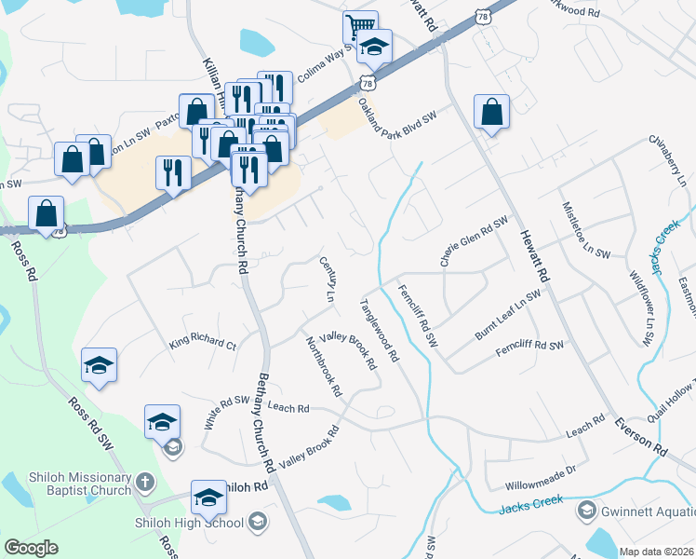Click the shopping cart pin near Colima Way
tap(359, 25)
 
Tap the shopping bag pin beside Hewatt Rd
tap(490, 113)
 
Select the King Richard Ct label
tap(203, 343)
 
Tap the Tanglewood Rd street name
tap(380, 330)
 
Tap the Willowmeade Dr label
tap(542, 484)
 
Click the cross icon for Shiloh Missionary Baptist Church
tap(144, 482)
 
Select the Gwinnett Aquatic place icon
tap(587, 510)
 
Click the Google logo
tap(31, 547)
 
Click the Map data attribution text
tap(657, 552)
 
